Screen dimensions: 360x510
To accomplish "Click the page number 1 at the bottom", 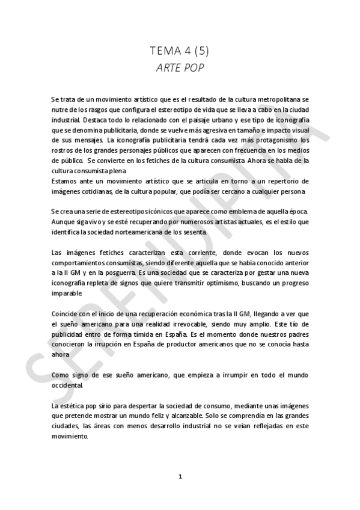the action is (180, 476).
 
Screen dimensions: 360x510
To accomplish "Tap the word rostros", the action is (62, 151).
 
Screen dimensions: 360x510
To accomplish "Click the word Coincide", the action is (67, 314).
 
